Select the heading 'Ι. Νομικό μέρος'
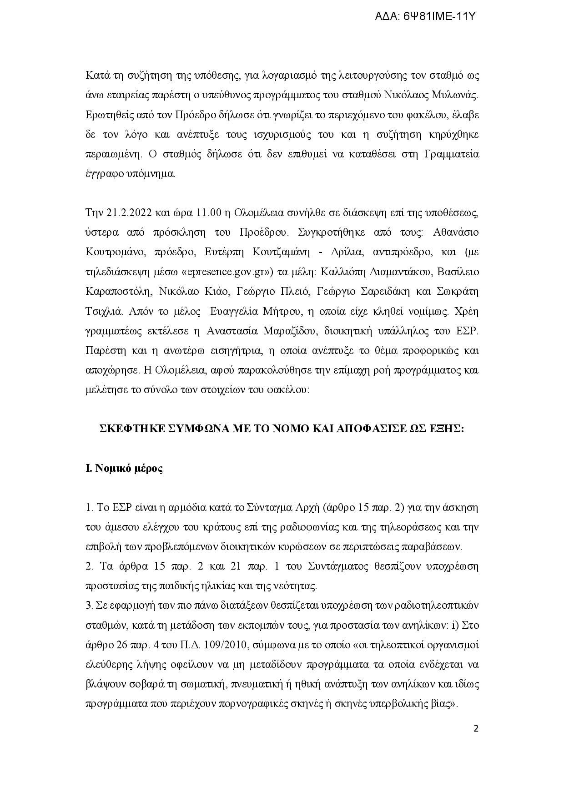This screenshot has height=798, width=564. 124,469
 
